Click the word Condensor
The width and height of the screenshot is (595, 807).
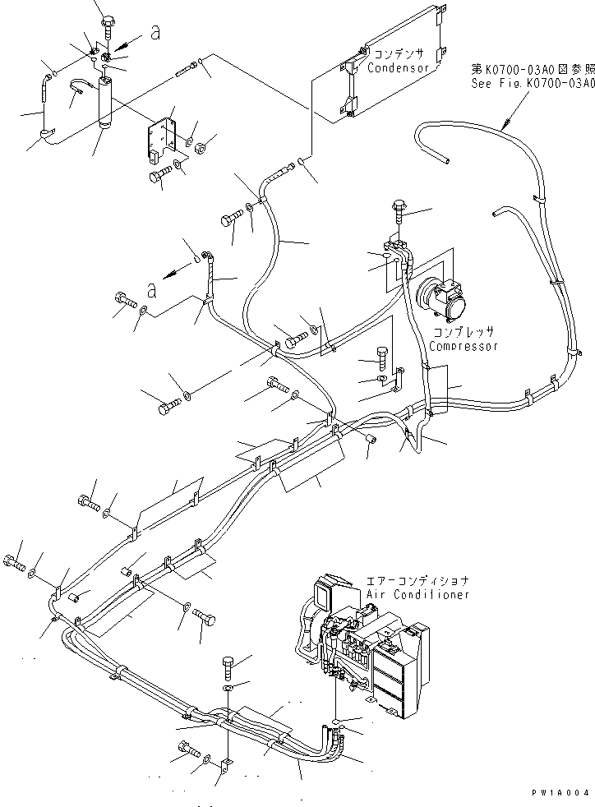[x=399, y=68]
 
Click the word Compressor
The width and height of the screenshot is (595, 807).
[x=464, y=346]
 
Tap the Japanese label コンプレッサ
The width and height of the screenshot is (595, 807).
[x=465, y=333]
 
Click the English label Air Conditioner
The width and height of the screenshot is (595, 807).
[x=419, y=593]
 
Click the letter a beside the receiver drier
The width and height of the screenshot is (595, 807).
[x=154, y=32]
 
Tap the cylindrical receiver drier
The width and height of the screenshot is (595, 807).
[x=106, y=103]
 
